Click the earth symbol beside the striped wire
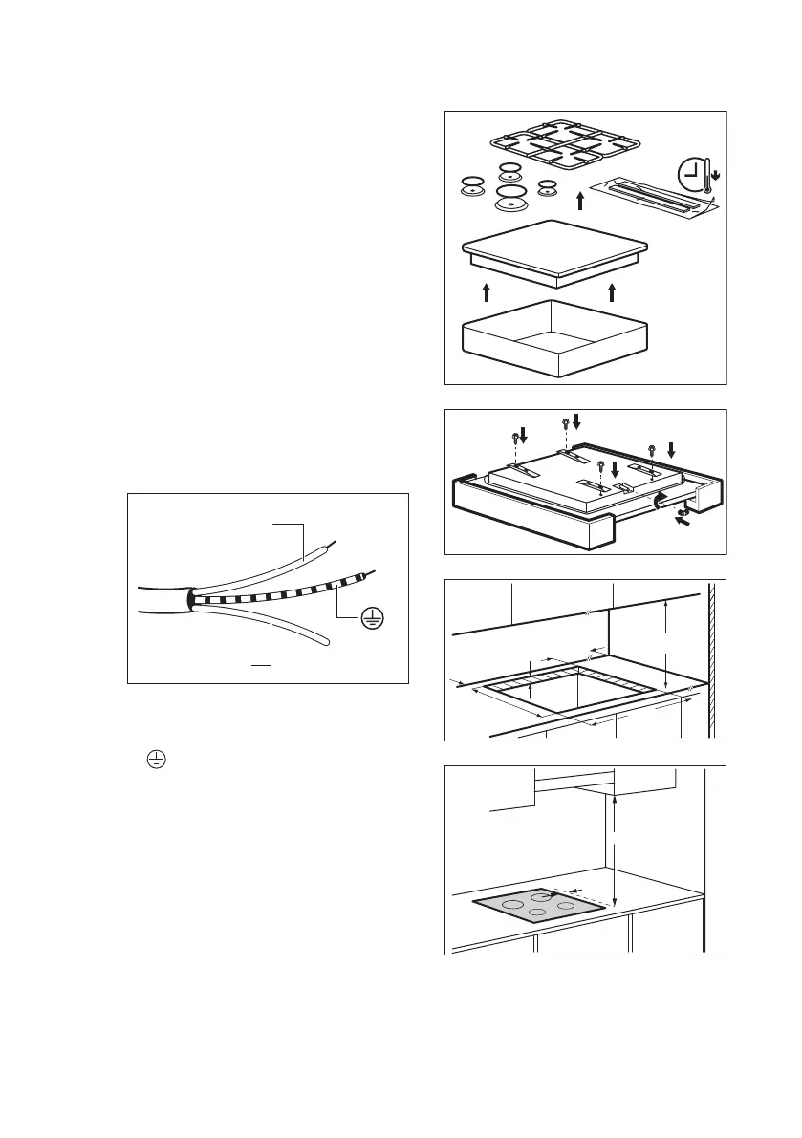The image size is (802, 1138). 371,619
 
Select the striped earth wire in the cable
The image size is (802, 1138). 277,592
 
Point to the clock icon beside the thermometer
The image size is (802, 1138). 690,175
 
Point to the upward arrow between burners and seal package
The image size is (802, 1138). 579,200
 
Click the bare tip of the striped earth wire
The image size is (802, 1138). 369,574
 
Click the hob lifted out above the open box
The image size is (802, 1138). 556,253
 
